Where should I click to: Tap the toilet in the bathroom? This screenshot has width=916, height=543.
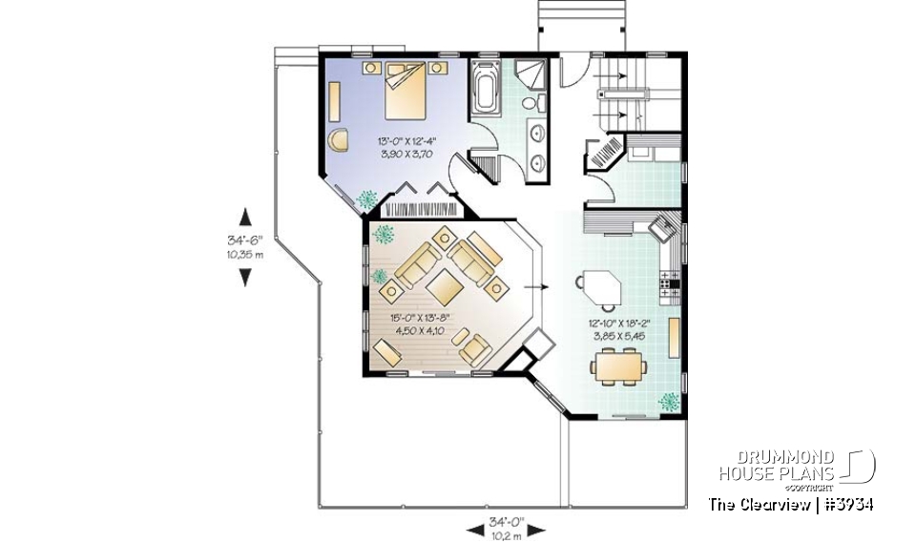tap(540, 101)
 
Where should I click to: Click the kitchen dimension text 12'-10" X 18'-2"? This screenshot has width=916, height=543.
tap(625, 324)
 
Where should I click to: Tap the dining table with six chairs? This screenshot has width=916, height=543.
tap(619, 366)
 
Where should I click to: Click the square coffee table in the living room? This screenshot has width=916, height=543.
tap(445, 283)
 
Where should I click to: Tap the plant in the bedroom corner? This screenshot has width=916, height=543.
tap(366, 198)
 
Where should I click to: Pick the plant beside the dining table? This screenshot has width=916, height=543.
tap(669, 401)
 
